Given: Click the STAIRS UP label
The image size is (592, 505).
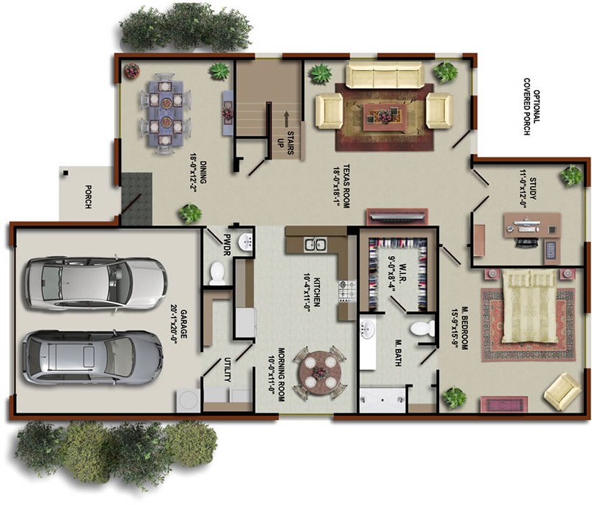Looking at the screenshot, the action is point(286,143).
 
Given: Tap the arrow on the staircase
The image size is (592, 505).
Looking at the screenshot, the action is point(286,118).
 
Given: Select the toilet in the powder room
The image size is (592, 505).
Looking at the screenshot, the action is point(218,273).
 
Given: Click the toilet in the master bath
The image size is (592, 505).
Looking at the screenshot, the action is point(423,328).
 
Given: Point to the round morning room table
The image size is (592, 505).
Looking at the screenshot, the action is point(320,373).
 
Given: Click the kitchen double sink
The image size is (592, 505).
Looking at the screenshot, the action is point(315,245).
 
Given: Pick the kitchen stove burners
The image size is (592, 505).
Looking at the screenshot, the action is point(348,290).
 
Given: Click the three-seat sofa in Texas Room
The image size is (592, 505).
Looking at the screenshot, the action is point(384,75).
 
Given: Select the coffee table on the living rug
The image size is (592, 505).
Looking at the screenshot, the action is point(385,117).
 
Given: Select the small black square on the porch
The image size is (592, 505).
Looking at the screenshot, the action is point(66,173).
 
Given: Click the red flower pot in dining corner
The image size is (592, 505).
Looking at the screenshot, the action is point(132,71).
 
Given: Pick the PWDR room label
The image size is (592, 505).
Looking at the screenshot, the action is point(226,245).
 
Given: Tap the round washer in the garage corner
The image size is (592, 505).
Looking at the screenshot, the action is point(187,400).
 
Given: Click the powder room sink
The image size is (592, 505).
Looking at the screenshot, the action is point(246,242).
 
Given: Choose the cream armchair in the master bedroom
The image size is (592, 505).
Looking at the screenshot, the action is point(562,392).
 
